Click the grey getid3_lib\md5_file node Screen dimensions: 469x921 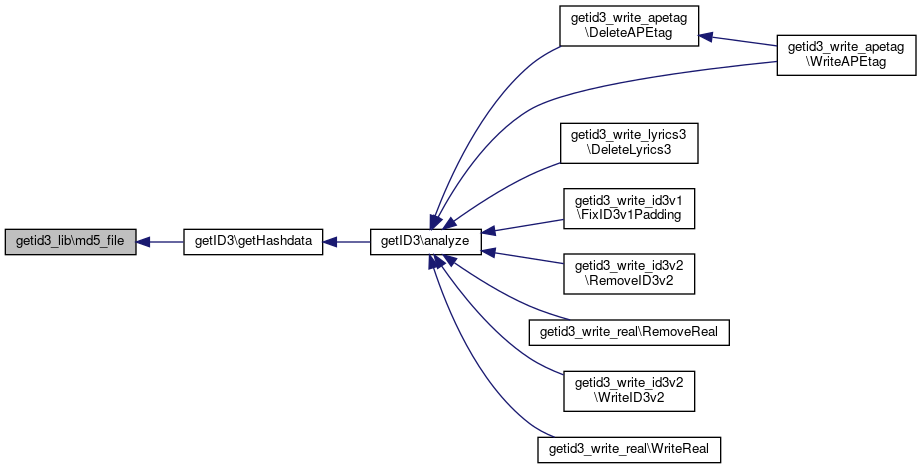coord(70,242)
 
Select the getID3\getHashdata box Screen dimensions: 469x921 coord(252,242)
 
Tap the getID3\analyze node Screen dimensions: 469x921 coord(426,242)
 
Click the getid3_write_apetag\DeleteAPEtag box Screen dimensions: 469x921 coord(628,27)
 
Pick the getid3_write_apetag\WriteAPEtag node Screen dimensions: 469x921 coord(847,55)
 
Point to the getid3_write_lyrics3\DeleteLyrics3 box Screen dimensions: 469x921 coord(628,141)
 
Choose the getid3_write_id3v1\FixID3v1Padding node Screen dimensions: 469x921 coord(628,206)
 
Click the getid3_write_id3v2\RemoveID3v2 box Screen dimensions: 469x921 coord(628,272)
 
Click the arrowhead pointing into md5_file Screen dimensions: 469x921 coord(143,242)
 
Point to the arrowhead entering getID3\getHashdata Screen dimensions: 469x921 coord(330,242)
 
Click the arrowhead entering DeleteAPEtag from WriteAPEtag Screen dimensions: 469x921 coord(705,36)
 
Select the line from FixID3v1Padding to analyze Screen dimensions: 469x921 coord(520,225)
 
